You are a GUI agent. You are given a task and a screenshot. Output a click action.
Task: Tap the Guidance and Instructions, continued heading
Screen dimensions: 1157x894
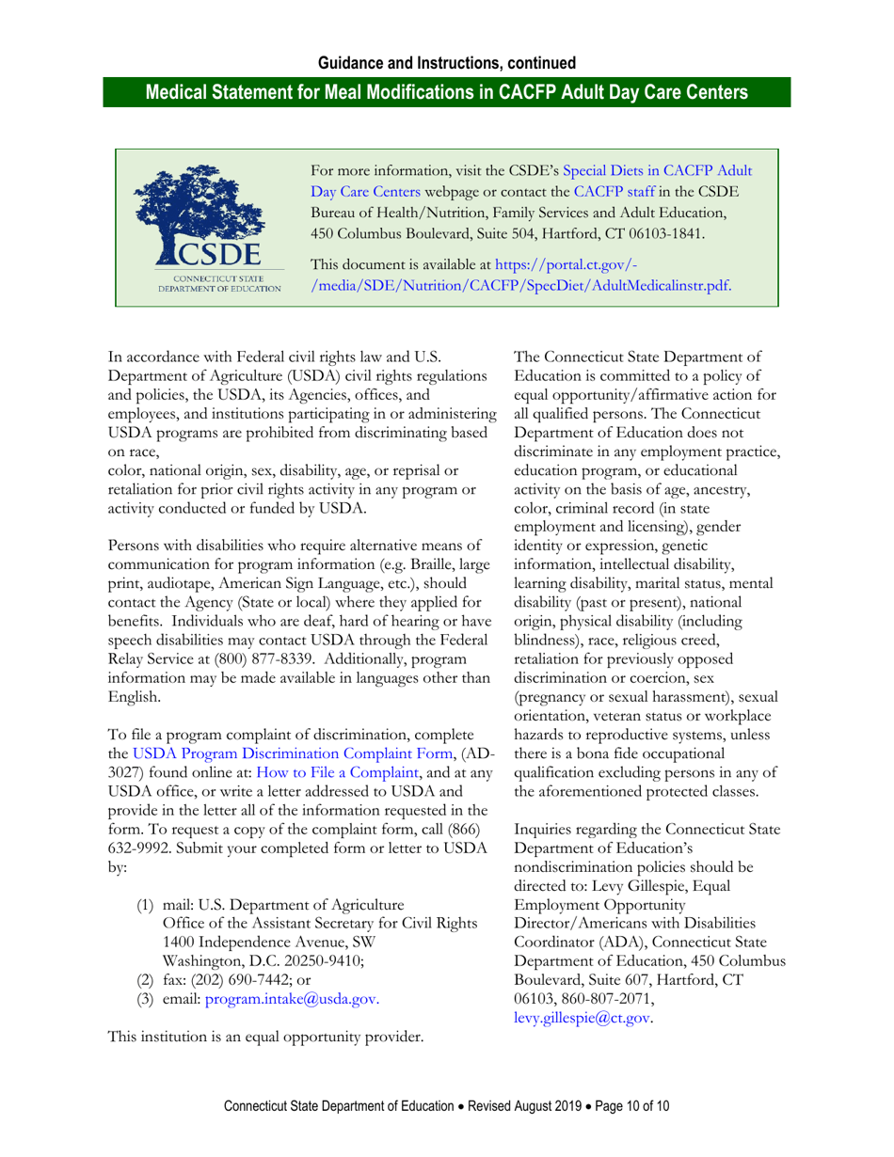coord(447,64)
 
